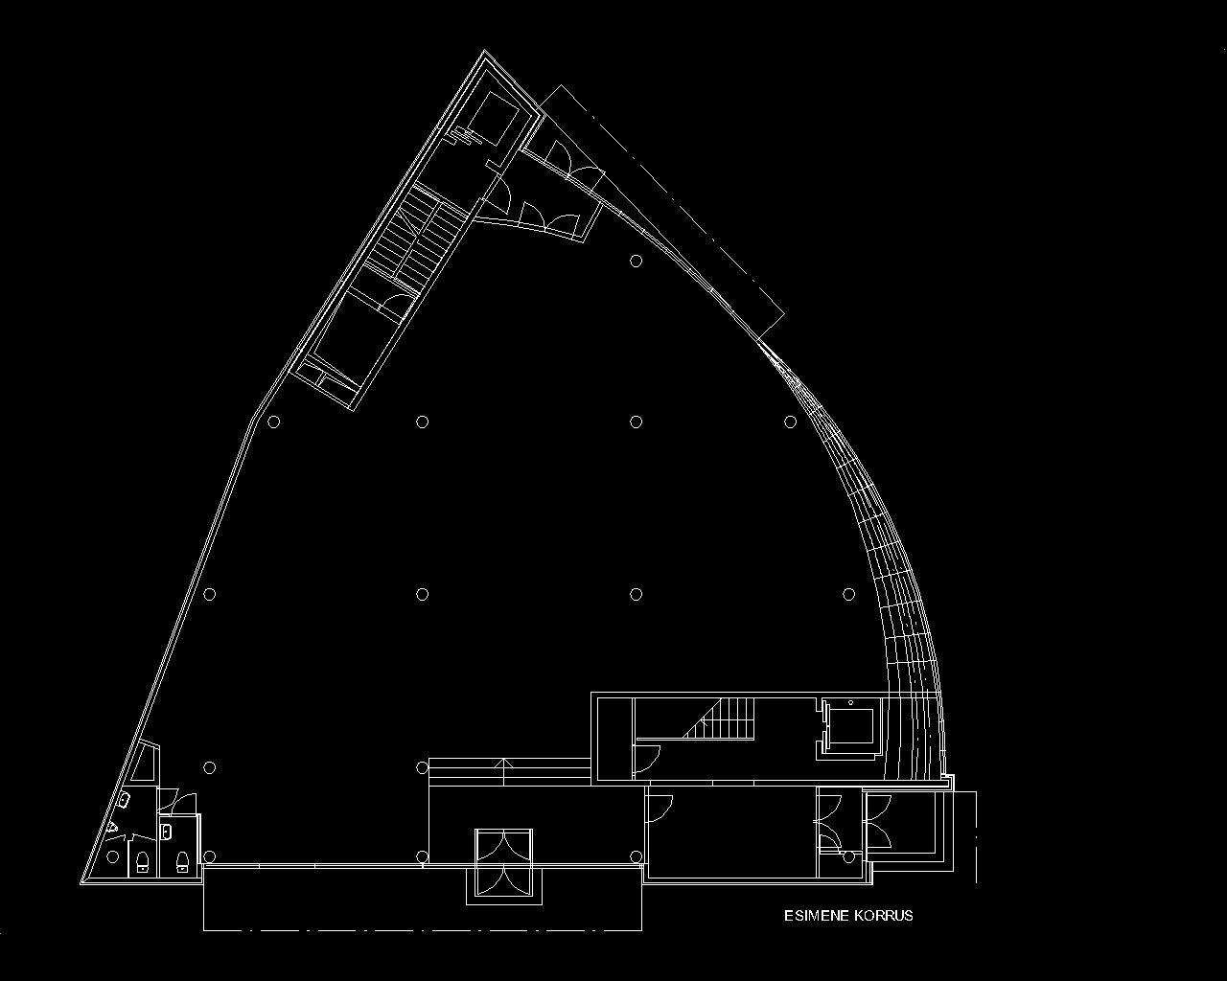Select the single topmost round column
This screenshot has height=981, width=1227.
point(636,262)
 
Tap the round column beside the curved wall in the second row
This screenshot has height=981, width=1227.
point(790,422)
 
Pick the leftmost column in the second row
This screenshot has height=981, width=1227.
point(274,422)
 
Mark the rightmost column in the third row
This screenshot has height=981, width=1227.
point(848,595)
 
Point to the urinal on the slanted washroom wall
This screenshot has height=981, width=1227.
point(113,827)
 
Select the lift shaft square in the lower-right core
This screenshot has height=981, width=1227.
point(850,728)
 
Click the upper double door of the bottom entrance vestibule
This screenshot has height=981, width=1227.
point(504,849)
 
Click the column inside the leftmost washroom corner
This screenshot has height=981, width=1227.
point(113,856)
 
